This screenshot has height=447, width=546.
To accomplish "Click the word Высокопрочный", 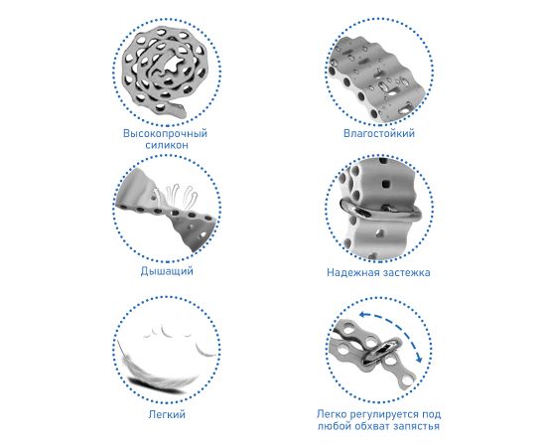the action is tap(165, 133).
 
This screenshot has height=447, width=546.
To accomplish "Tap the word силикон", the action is tap(167, 145).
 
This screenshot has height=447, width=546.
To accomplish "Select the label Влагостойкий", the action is tap(379, 133).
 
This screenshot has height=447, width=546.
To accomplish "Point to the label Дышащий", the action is tap(167, 271).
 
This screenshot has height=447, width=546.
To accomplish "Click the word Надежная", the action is tap(352, 272).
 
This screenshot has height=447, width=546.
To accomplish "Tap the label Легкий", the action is tap(167, 414).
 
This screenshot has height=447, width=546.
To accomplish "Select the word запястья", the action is tap(417, 426).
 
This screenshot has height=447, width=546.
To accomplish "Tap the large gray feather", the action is tap(159, 372).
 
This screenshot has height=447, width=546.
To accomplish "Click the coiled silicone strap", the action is tap(164, 74).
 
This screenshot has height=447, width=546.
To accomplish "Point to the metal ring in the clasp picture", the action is tap(380, 212).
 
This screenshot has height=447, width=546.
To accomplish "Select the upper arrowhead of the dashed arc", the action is tap(363, 315).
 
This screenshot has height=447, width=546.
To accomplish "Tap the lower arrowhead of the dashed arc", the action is tap(419, 359).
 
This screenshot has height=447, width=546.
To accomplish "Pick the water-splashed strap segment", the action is tap(377, 79).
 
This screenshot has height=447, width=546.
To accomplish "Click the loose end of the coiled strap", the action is tap(178, 110).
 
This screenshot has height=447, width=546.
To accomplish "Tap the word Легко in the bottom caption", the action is tap(332, 414).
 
